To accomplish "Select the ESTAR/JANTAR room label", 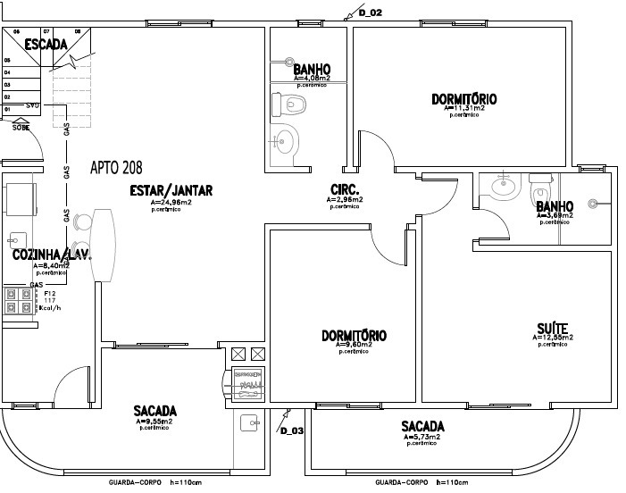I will pos(171,190).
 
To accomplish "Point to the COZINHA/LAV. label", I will pos(52,255).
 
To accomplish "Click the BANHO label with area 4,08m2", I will pos(313,69).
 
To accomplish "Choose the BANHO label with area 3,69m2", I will pos(554,205).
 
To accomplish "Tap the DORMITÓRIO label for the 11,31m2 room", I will pos(463,98).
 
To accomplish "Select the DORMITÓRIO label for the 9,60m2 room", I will pos(354,336).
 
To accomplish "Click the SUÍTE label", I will pos(553,327).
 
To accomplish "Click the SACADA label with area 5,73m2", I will pos(422,426).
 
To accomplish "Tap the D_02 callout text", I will pos(370,13).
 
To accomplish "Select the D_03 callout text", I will pos(292,431).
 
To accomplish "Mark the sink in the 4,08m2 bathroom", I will pos(287,140).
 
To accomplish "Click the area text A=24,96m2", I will pos(171,203).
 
